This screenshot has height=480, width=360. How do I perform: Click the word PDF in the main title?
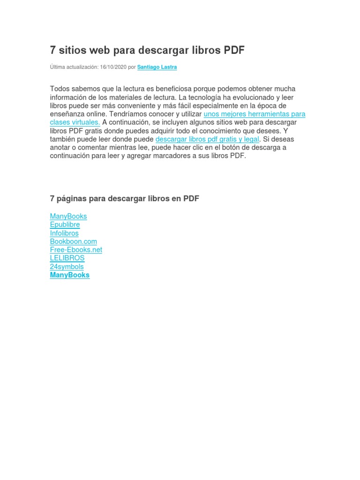[x=234, y=50]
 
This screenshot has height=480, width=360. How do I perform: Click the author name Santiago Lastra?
[x=157, y=67]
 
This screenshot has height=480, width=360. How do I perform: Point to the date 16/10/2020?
[x=113, y=67]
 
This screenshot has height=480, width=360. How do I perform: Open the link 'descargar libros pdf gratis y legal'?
[x=207, y=139]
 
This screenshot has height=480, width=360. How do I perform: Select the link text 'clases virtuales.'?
[x=75, y=122]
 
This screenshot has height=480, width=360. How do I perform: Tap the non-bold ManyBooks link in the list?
[x=68, y=216]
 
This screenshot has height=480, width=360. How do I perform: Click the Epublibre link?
[x=65, y=225]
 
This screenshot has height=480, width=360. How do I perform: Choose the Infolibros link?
[x=64, y=233]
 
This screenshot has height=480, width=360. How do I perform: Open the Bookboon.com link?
[x=74, y=241]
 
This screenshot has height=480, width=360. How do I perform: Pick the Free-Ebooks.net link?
[x=76, y=250]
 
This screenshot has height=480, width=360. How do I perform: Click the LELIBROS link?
[x=67, y=258]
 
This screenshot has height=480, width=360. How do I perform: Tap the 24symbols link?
[x=67, y=267]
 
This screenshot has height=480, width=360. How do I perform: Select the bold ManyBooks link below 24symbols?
[x=70, y=275]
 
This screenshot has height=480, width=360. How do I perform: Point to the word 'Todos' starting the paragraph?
[x=59, y=89]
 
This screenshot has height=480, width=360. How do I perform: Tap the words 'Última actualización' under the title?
[x=74, y=67]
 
